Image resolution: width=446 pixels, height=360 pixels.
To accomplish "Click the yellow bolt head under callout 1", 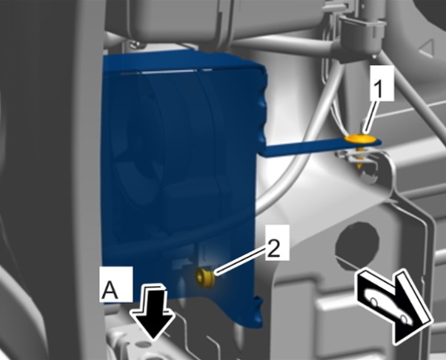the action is click(x=359, y=139).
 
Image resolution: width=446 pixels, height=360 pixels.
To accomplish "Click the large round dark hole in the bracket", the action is click(x=357, y=242).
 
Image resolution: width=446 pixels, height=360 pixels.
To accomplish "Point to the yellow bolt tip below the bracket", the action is click(x=360, y=165).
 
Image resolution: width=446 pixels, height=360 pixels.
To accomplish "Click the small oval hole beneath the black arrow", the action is click(x=142, y=344).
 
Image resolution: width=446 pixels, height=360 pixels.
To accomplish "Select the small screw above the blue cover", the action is click(x=136, y=44).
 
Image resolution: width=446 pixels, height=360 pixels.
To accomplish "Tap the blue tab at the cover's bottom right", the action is click(x=257, y=313).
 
